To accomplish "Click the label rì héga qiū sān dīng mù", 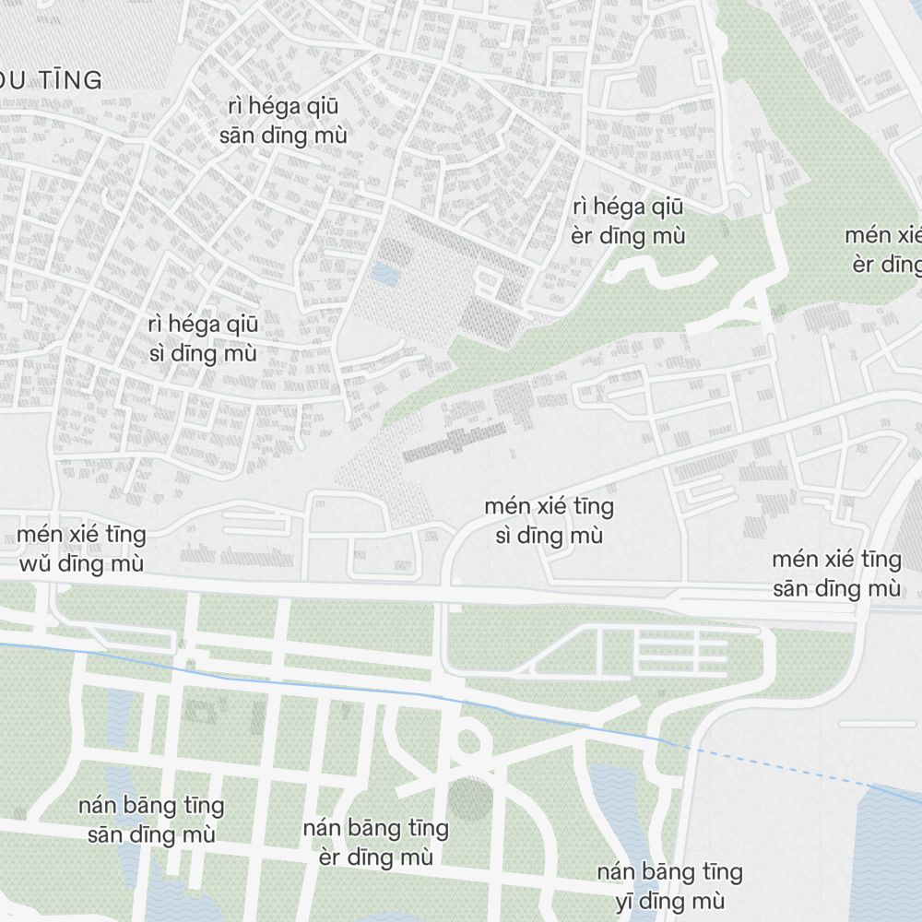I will click(283, 121).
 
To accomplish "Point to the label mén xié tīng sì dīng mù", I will click(549, 521).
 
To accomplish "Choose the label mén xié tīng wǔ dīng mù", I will click(80, 549).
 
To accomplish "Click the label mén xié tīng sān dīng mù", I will click(836, 573).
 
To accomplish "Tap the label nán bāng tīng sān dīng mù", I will click(151, 820).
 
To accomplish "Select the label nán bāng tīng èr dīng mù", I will click(376, 843).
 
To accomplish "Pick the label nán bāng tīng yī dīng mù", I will click(669, 886).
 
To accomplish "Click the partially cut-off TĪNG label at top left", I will click(55, 81).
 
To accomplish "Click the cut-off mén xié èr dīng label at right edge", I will click(885, 250).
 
